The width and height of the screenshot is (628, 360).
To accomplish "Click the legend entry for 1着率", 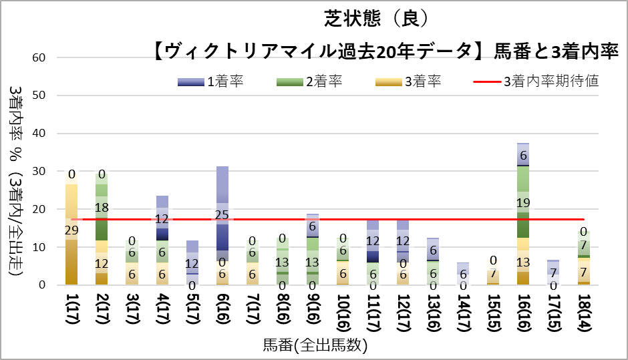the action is (x=210, y=81).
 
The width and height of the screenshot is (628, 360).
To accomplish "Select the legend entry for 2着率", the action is (x=309, y=81).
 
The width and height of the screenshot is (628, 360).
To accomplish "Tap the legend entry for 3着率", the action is (x=408, y=81).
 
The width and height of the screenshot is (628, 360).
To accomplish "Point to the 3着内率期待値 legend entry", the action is (x=536, y=81).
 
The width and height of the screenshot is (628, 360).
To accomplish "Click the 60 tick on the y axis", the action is (x=39, y=57).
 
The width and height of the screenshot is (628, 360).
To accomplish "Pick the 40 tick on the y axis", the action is (x=39, y=134).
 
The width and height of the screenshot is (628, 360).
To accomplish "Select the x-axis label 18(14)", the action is (x=584, y=313).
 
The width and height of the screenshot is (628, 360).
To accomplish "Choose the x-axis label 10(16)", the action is (x=343, y=313).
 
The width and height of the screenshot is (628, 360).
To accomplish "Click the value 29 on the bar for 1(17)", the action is (x=71, y=230).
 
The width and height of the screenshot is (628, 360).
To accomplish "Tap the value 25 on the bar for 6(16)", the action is (x=222, y=215).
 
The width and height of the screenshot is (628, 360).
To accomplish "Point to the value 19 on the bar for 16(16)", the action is (x=523, y=203).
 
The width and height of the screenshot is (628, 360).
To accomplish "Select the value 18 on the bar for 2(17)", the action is (x=102, y=208).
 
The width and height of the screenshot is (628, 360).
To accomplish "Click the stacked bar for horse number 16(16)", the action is (x=523, y=214).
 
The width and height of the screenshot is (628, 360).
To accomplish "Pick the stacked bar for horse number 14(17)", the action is (x=463, y=274).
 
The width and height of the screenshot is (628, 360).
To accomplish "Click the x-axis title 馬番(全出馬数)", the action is (x=315, y=345).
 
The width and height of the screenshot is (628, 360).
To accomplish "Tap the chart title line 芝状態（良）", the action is (x=376, y=19).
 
